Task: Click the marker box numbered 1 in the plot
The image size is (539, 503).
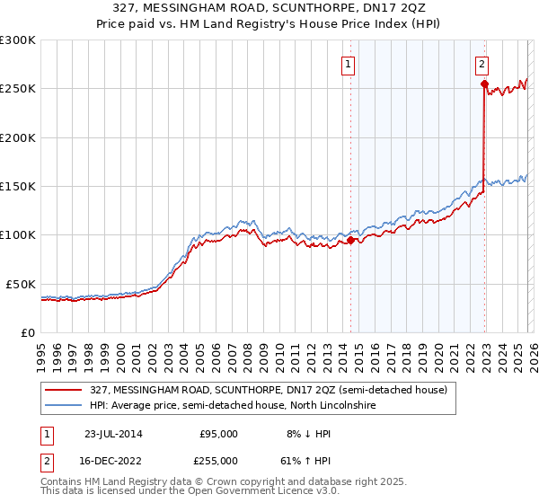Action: (348, 64)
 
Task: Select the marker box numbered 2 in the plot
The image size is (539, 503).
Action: (482, 64)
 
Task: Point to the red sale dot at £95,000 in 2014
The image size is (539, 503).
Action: (350, 240)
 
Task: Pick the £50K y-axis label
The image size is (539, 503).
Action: (21, 284)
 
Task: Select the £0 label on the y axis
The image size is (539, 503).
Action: (28, 332)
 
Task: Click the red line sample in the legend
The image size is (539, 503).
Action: (64, 390)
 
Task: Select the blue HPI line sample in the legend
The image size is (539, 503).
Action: (64, 406)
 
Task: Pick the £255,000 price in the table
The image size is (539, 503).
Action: (218, 460)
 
